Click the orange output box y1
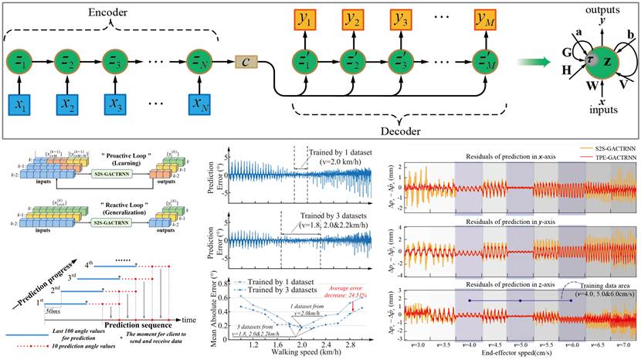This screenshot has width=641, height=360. click(304, 16)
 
